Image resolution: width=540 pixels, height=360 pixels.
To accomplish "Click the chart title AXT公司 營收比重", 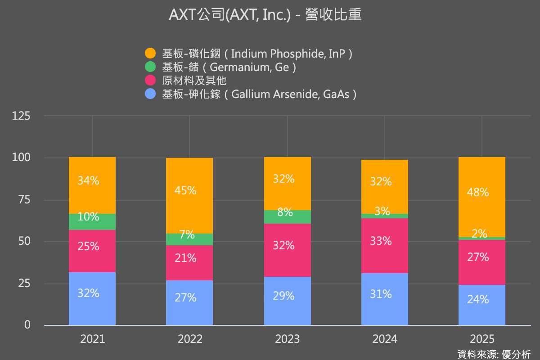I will coord(265,15).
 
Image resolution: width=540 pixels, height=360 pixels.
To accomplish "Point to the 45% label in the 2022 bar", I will coord(185,190).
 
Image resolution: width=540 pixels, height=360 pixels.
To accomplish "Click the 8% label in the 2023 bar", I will coord(285,212).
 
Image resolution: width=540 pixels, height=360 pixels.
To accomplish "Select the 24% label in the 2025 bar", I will coord(477,299).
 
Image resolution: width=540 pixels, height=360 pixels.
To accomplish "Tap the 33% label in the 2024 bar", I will coord(381,241).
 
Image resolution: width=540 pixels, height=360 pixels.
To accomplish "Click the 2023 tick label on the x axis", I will coord(287,339).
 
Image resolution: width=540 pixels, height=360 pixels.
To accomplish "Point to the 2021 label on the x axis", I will coord(92,339).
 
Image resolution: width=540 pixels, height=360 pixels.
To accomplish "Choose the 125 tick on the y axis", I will coord(21,116).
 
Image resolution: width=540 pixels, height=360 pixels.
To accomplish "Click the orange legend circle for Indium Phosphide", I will coord(150,54).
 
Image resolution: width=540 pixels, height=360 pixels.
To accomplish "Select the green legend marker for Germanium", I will coord(150,67).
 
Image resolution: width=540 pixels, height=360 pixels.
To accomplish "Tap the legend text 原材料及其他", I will coord(194,81).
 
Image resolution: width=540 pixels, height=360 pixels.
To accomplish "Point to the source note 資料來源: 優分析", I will coord(494,354).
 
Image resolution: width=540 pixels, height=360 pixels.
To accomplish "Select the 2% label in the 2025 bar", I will coord(479,233).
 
